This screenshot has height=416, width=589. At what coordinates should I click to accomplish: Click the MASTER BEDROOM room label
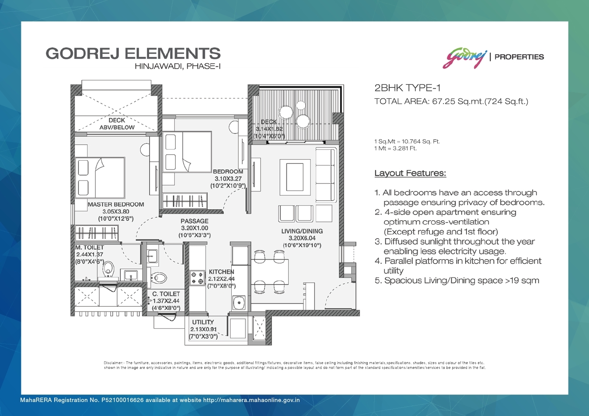tap(116, 205)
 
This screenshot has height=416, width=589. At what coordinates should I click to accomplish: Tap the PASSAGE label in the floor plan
tap(194, 221)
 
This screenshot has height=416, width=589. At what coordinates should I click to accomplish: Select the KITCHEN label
tap(221, 272)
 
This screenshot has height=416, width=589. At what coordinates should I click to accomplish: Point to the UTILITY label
tap(203, 322)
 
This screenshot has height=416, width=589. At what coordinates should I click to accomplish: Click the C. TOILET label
tap(166, 294)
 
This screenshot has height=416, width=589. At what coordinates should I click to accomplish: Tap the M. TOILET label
tap(89, 247)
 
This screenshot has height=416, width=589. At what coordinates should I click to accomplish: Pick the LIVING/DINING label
tap(302, 231)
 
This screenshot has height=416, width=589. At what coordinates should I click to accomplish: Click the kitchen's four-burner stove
tap(197, 278)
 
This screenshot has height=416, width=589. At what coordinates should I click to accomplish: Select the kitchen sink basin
tap(239, 303)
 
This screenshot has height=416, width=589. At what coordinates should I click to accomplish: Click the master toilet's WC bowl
tap(108, 269)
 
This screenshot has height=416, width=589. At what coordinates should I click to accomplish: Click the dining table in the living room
tap(269, 272)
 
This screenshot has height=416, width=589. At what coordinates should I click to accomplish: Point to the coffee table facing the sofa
tap(295, 177)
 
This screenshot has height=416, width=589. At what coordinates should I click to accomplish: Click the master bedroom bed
tap(100, 178)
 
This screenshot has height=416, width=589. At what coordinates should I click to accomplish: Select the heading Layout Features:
tap(410, 173)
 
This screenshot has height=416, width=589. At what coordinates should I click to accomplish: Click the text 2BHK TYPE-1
tap(407, 88)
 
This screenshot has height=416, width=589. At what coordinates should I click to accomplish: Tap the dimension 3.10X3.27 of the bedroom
tap(228, 179)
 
